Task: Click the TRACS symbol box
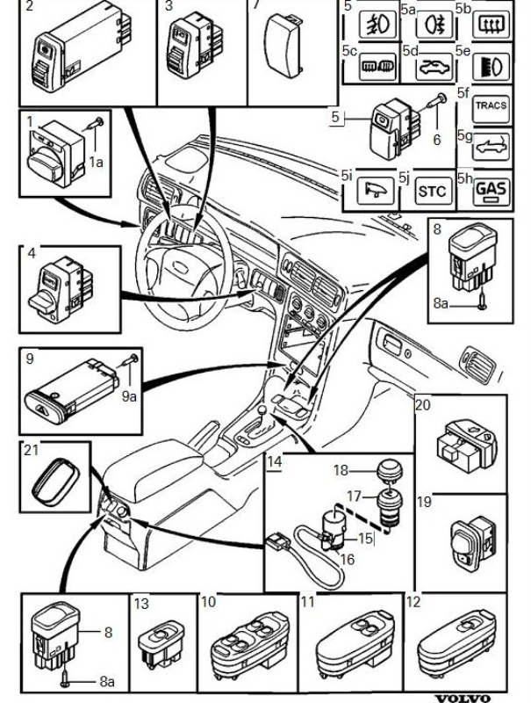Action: [490, 106]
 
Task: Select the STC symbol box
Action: [431, 191]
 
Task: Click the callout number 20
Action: [423, 406]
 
